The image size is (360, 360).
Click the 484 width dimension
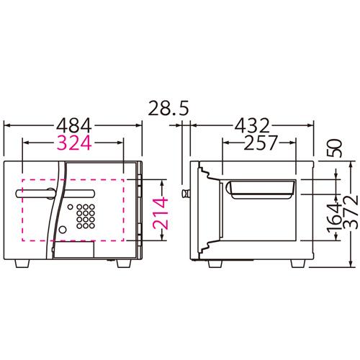74,125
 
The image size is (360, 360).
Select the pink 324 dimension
74,143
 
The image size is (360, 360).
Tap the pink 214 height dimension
161,213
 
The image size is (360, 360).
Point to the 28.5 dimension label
168,108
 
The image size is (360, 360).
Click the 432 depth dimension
252,125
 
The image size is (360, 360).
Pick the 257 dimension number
261,143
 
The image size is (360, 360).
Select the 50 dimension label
335,148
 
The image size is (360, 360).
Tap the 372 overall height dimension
351,212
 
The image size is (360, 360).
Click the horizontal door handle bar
55,194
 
